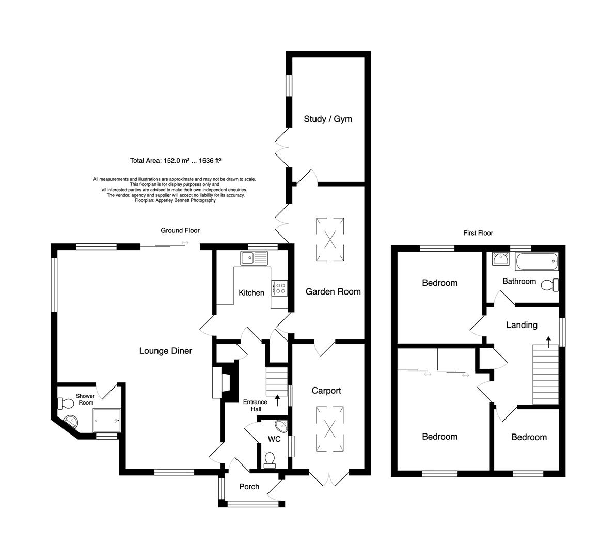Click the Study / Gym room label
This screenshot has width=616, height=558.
pos(327,119)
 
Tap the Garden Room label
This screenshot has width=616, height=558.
pos(333,291)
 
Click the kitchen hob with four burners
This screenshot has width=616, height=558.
pos(279,287)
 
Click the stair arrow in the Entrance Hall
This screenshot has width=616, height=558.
pos(277,399)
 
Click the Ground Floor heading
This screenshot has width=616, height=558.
pos(180,230)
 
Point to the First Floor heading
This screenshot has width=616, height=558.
pos(478,233)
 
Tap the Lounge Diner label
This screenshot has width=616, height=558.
pos(165,351)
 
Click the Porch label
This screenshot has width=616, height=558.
pos(249,486)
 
